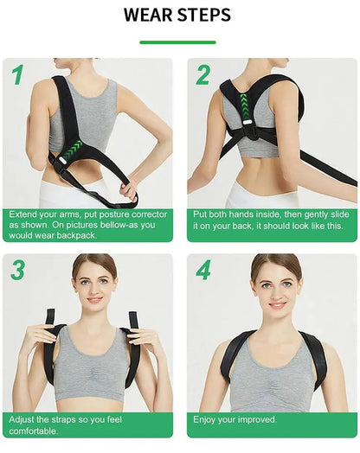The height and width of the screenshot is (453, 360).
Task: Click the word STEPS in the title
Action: click(x=204, y=16)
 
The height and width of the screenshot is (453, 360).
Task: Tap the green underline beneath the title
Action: click(x=177, y=41)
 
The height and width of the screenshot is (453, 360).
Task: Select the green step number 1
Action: click(x=17, y=76)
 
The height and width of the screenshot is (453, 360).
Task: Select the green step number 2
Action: click(x=202, y=75)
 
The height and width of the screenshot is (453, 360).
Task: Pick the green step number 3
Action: click(x=17, y=270)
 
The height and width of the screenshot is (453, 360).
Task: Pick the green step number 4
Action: click(x=203, y=270)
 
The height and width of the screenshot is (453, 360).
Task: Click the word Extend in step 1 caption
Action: click(x=27, y=214)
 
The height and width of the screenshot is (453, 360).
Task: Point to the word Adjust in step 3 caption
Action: click(x=25, y=419)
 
